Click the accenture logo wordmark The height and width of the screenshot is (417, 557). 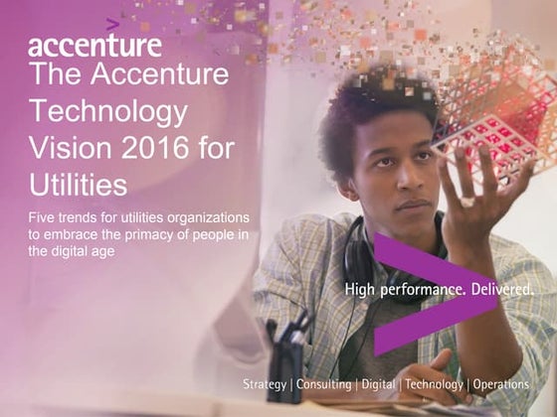[x=94, y=46]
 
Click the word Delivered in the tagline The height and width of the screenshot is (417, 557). [x=494, y=290]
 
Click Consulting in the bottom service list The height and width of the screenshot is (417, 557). [x=323, y=384]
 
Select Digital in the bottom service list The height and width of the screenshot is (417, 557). [x=377, y=384]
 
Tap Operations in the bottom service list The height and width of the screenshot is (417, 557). [x=501, y=384]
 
